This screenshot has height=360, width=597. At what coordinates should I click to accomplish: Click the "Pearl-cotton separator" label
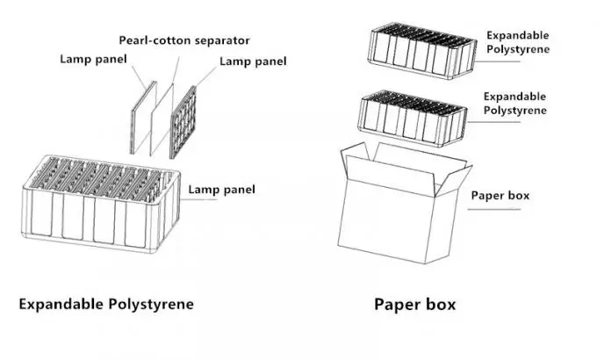184,40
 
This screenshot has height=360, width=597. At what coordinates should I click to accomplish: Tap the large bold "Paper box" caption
414,305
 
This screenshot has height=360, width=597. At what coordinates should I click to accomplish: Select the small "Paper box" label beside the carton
500,196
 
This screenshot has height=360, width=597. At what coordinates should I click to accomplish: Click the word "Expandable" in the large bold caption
61,304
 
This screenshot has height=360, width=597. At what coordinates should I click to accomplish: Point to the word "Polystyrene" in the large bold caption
151,305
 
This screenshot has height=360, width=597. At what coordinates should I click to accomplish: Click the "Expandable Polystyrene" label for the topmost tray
518,42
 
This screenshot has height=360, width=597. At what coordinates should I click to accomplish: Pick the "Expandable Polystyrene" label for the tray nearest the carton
514,104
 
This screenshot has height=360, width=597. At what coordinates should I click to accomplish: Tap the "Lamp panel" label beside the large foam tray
221,190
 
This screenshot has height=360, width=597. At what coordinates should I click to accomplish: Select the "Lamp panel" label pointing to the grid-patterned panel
253,61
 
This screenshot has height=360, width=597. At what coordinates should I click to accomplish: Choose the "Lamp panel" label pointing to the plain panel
93,59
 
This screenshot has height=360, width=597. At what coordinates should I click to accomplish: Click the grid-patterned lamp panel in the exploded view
183,122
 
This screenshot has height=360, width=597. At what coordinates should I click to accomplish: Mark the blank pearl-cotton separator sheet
162,119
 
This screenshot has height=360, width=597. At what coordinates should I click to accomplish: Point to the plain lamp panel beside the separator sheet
143,118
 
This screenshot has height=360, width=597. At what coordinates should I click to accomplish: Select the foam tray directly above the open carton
412,118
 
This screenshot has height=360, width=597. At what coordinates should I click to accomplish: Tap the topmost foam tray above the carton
422,50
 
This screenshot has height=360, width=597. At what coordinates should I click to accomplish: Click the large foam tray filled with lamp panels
100,204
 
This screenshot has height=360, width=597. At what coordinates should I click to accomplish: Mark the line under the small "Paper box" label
493,209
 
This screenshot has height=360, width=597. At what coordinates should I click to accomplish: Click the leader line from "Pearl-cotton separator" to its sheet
176,70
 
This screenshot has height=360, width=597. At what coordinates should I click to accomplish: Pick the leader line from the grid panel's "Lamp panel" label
205,78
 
